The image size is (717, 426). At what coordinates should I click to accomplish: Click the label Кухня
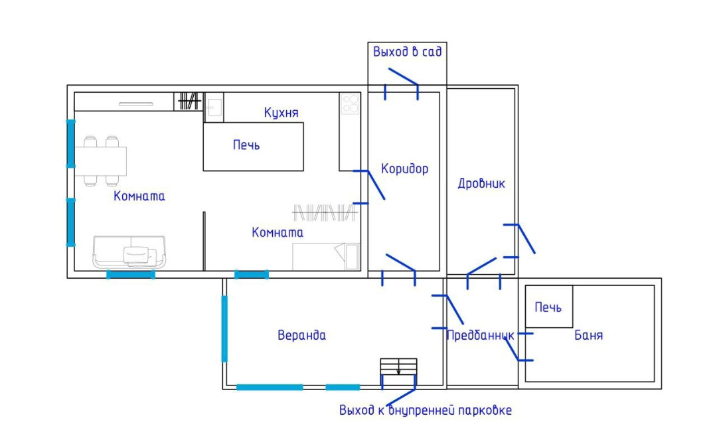click(x=281, y=112)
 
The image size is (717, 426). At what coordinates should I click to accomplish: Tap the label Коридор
click(x=404, y=169)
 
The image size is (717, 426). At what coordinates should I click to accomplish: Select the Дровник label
click(x=481, y=184)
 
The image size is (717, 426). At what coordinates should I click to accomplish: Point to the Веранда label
click(x=301, y=335)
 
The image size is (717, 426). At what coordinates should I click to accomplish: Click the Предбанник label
click(x=480, y=335)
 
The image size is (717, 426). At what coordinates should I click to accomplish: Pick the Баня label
click(x=588, y=335)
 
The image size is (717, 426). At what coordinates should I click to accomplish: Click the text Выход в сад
click(x=407, y=52)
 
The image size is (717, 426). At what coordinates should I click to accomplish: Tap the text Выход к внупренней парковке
click(x=425, y=410)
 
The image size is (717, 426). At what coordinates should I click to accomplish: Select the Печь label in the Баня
click(x=548, y=307)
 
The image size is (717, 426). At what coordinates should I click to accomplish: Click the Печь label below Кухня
click(x=246, y=145)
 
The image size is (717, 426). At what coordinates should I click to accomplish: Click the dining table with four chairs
click(x=101, y=160)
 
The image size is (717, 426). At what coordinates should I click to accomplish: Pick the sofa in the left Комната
click(x=129, y=252)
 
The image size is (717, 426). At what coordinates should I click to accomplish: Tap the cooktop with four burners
click(x=350, y=103)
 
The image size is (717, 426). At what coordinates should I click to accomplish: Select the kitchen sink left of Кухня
click(x=214, y=106)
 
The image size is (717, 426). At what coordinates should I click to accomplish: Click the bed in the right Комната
click(x=325, y=256)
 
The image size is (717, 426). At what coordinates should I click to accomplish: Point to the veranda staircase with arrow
click(x=398, y=367)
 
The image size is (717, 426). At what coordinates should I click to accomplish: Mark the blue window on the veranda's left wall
click(x=224, y=328)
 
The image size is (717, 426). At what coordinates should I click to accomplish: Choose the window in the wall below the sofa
click(x=131, y=274)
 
